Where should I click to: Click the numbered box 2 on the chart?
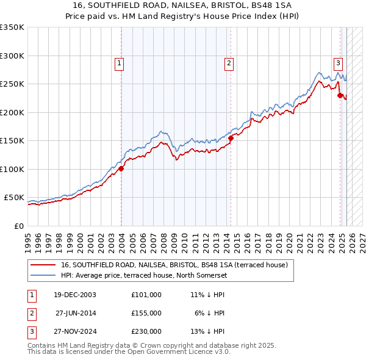[228, 62]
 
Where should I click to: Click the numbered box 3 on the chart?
[337, 62]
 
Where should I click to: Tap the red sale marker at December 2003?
[121, 169]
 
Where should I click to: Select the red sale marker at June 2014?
[231, 139]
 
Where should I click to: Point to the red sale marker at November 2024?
[340, 96]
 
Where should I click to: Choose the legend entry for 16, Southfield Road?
[178, 265]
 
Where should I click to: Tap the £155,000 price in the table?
[146, 313]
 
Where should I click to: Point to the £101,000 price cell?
[146, 295]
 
